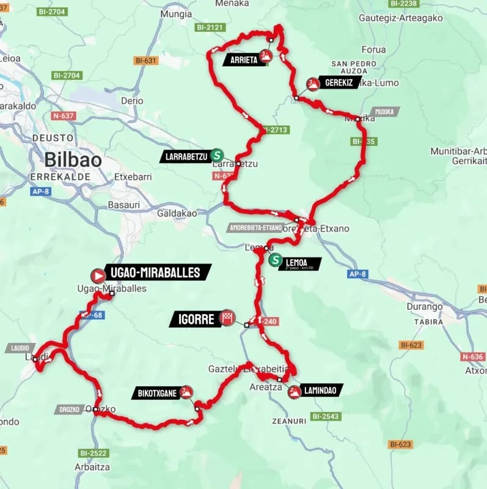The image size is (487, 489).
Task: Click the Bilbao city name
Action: point(72,160)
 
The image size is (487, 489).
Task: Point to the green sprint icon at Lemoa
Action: point(276,260)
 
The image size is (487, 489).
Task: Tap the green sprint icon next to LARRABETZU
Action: point(218,155)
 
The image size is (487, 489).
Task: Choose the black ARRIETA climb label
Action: point(244,59)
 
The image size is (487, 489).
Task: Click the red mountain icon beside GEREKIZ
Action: point(313,84)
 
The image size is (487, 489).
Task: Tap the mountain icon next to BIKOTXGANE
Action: point(186,392)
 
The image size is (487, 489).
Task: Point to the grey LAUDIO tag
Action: point(19,348)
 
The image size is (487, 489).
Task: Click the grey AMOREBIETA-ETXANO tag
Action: point(256,227)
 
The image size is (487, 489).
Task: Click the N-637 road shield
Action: point(64,116)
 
